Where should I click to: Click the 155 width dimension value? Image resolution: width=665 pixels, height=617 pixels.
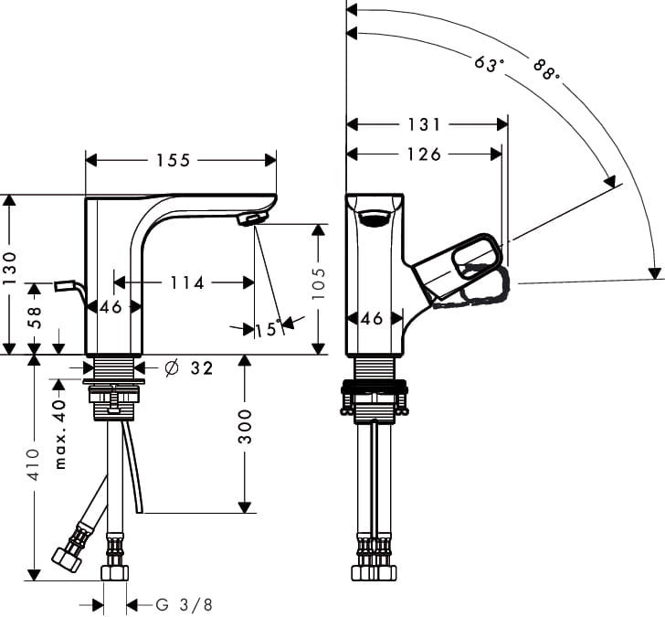[x=173, y=161]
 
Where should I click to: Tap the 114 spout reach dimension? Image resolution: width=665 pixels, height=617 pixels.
[x=187, y=283]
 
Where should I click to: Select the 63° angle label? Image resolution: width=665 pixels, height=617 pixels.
[x=490, y=65]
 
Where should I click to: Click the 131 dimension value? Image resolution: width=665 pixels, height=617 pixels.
[x=425, y=124]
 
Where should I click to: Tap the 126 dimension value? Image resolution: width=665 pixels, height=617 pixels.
[x=424, y=154]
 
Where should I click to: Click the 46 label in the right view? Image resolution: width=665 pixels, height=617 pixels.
[x=372, y=319]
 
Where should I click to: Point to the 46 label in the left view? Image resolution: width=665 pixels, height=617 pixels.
[x=111, y=307]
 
